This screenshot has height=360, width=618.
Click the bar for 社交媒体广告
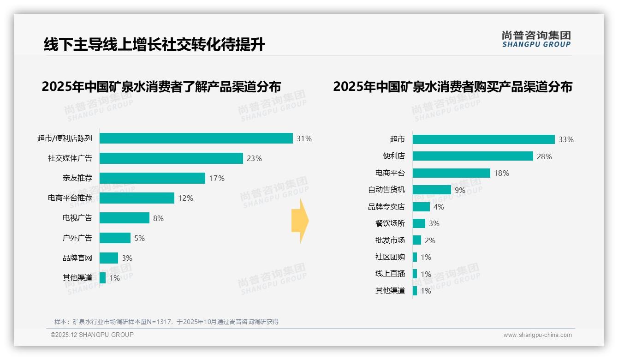point(171,158)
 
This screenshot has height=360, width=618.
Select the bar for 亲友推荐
point(152,178)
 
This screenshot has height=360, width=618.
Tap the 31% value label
point(304,138)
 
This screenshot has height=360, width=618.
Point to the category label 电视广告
point(77,218)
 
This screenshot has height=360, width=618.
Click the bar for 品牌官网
point(109,258)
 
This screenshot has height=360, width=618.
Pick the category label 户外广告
point(77,238)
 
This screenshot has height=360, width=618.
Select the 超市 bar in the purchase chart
point(483,139)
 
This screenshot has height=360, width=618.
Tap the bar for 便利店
point(473,156)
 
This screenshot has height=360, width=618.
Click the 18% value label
point(502,173)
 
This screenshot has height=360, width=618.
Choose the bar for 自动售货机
point(432,190)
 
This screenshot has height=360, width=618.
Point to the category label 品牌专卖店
point(386,207)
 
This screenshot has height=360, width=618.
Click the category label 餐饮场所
point(390,223)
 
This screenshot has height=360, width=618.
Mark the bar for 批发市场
point(417,240)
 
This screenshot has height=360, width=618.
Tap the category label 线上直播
point(390,274)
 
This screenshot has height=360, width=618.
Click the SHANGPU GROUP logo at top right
point(536,39)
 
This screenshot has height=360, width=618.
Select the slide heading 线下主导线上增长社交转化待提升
point(154,45)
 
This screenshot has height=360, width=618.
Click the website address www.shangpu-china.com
point(537,335)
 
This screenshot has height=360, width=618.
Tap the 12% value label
point(186,198)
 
